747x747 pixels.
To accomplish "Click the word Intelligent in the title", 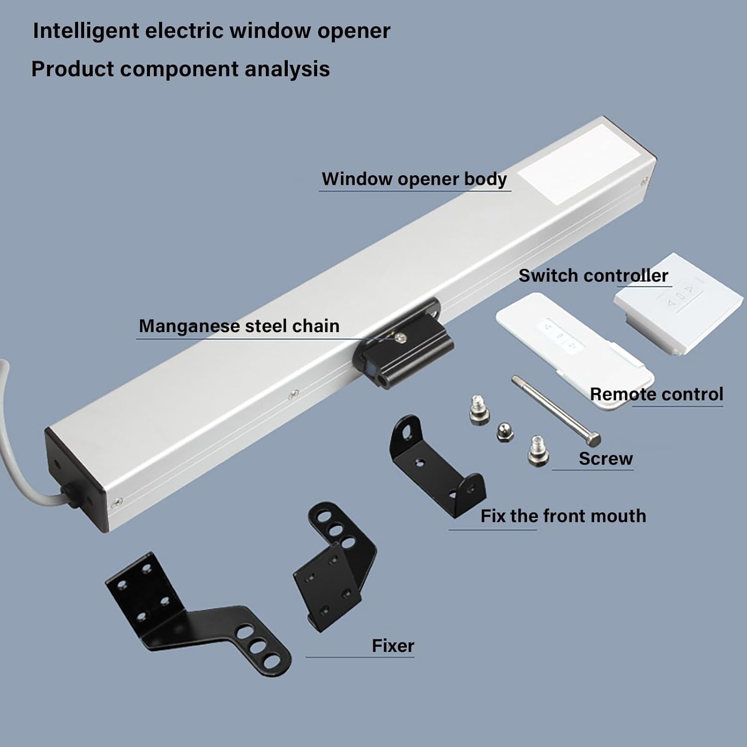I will coord(86,31).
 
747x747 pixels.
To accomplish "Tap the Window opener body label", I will coord(414,179).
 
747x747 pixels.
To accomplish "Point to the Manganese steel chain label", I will coord(239,326).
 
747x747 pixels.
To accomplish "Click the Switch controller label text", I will coord(593,275).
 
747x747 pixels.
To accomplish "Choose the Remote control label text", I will coord(656,394).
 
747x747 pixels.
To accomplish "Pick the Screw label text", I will coord(606,458).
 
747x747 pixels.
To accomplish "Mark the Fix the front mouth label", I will coord(563,516).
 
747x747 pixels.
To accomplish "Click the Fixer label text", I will coord(393,646).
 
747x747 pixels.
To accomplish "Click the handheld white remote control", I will coord(573,349).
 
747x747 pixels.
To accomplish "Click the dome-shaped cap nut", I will coord(505,432).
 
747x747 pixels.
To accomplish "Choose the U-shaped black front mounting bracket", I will coord(436,466).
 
